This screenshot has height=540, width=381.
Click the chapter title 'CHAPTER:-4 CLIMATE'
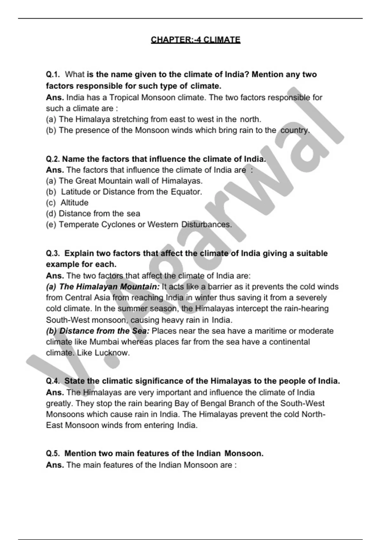[x=196, y=40]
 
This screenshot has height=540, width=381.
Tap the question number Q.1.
[x=53, y=75]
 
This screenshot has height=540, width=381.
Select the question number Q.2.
[x=53, y=159]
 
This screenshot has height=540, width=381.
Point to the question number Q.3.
[x=53, y=253]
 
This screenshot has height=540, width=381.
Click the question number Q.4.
[x=53, y=381]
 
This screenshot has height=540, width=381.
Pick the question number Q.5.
[x=53, y=454]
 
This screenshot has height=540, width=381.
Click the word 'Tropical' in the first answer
[x=124, y=98]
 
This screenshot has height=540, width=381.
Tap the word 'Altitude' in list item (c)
[x=75, y=203]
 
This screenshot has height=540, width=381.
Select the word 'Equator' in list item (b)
[x=186, y=192]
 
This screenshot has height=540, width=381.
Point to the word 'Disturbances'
[x=206, y=225]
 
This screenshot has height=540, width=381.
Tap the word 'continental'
[x=290, y=342]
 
